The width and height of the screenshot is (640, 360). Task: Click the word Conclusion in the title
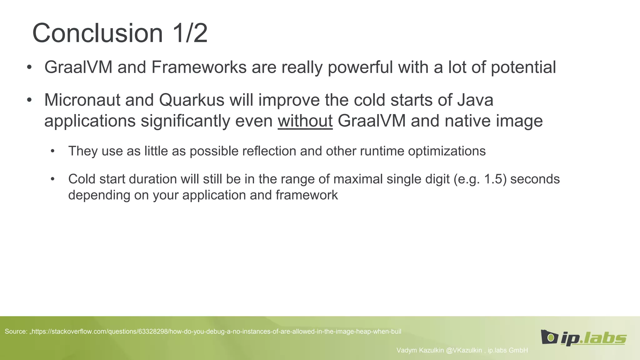click(97, 33)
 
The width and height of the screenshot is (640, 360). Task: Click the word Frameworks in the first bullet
click(199, 67)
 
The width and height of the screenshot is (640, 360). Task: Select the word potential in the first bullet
click(523, 67)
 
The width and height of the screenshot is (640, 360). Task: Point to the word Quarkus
click(192, 100)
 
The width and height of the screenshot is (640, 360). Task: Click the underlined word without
click(305, 121)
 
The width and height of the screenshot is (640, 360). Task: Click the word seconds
click(535, 179)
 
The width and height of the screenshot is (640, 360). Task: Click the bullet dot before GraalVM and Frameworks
click(29, 67)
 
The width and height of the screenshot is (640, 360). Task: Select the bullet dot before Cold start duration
click(52, 179)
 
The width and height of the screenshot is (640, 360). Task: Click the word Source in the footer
click(15, 332)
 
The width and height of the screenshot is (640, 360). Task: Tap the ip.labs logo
click(583, 337)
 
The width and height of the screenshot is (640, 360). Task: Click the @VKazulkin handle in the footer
click(464, 350)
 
